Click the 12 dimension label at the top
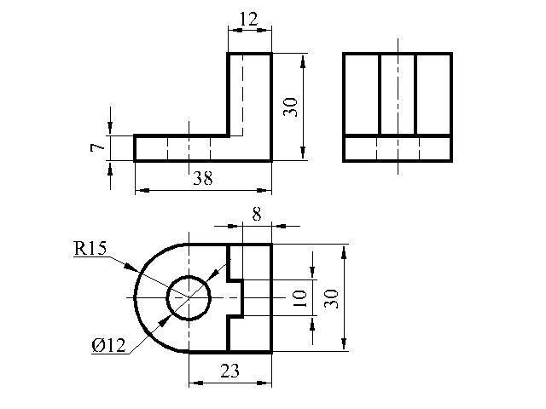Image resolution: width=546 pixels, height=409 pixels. pyautogui.click(x=248, y=19)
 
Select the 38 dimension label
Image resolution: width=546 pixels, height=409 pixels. pyautogui.click(x=203, y=179)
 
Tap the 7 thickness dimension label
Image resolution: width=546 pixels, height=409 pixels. pyautogui.click(x=97, y=147)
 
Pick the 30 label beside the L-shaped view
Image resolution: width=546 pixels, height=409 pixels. pyautogui.click(x=290, y=107)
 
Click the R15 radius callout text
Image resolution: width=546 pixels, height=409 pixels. pyautogui.click(x=90, y=249)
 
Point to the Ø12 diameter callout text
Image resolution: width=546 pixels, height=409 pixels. pyautogui.click(x=108, y=346)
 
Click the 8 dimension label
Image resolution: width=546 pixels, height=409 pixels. pyautogui.click(x=257, y=215)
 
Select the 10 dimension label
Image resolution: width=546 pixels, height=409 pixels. pyautogui.click(x=299, y=298)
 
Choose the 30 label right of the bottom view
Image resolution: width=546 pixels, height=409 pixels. pyautogui.click(x=331, y=298)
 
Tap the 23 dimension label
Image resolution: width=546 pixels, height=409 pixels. pyautogui.click(x=229, y=372)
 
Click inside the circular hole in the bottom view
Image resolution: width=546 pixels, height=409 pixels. pyautogui.click(x=189, y=298)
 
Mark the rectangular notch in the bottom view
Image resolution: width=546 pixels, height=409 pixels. pyautogui.click(x=235, y=298)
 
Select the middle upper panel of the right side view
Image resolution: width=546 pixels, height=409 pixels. pyautogui.click(x=398, y=94)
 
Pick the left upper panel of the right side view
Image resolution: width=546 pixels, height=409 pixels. pyautogui.click(x=362, y=94)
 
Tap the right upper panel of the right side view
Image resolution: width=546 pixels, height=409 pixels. pyautogui.click(x=433, y=94)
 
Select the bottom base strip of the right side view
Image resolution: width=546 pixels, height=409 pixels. pyautogui.click(x=398, y=148)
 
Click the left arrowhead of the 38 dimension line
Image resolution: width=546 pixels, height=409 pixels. pyautogui.click(x=142, y=191)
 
